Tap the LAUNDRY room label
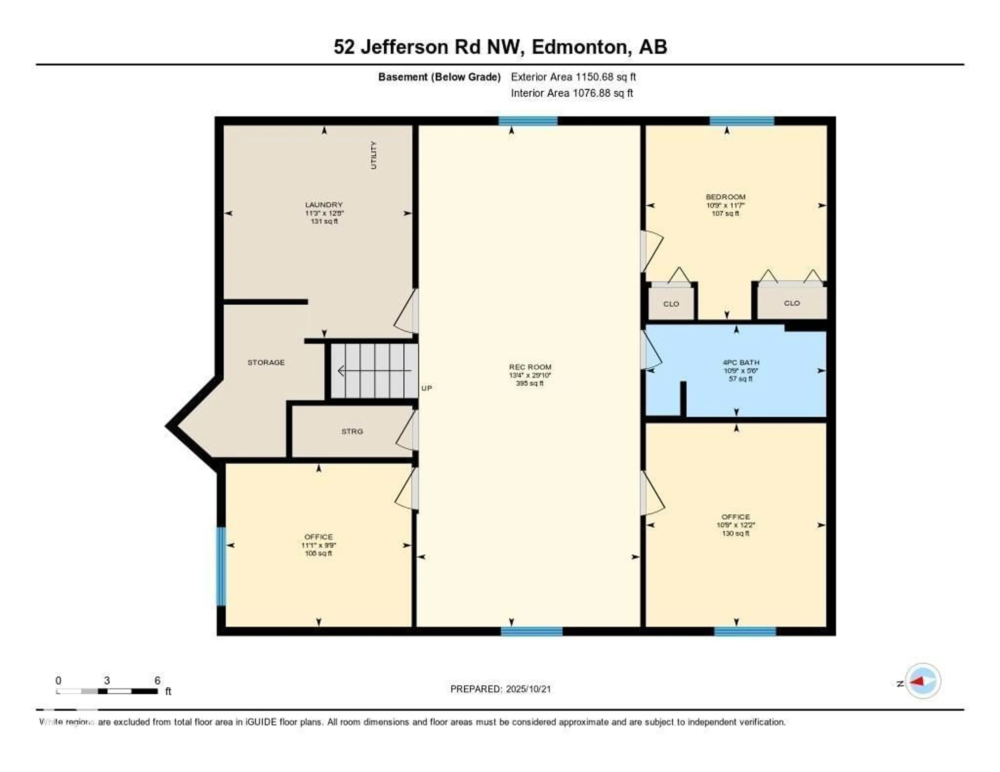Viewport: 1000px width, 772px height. [x=324, y=205]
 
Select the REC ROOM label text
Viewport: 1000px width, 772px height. [x=530, y=367]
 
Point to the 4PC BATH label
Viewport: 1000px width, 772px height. [x=740, y=362]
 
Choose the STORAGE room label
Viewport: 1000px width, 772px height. [x=266, y=362]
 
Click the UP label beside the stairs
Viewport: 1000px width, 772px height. [x=426, y=388]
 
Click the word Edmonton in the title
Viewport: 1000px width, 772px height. [x=579, y=47]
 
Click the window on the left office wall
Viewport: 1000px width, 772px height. [x=221, y=566]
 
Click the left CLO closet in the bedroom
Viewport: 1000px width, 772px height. [x=671, y=304]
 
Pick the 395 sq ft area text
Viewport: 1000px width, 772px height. [x=529, y=383]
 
